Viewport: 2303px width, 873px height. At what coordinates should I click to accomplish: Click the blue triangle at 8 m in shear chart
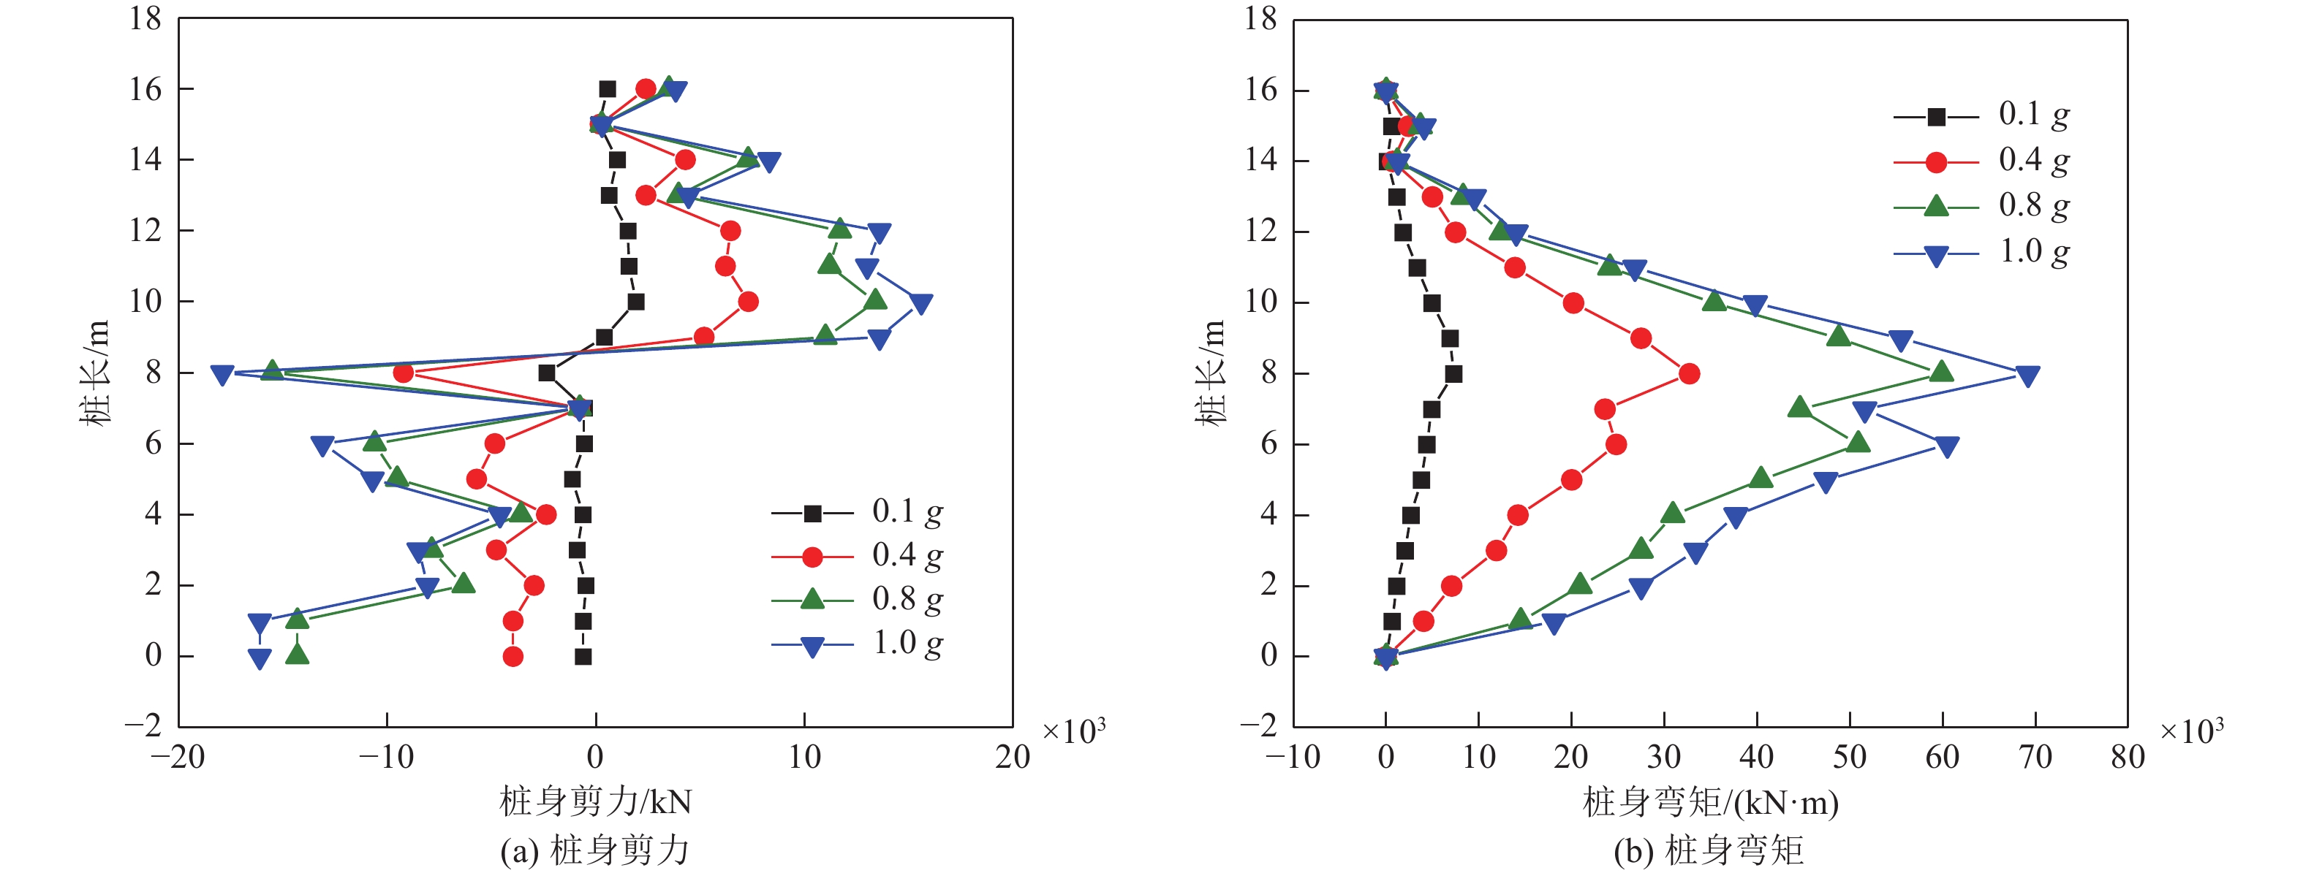coord(222,374)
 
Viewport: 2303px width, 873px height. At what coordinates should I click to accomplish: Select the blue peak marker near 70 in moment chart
coord(2027,375)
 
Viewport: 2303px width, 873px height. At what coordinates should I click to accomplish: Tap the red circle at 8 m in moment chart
coord(1689,373)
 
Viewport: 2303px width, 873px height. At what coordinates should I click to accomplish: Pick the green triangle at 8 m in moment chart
coord(1941,372)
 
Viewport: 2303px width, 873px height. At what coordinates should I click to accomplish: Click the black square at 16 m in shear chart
coord(607,89)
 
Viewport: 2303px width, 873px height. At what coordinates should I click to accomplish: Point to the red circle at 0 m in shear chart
coord(513,657)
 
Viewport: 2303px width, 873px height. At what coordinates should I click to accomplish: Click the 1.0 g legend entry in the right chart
coord(1981,253)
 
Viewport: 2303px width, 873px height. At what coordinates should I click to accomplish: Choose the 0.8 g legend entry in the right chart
coord(1981,207)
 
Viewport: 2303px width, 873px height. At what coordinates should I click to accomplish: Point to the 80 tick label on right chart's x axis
coord(2128,758)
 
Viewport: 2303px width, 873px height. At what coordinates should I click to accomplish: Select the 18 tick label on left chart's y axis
coord(145,18)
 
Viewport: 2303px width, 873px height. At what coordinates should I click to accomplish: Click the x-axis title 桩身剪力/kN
coord(595,801)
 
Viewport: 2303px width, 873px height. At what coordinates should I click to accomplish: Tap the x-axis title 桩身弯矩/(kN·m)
coord(1710,801)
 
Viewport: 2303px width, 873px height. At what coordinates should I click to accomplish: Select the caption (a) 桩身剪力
coord(595,850)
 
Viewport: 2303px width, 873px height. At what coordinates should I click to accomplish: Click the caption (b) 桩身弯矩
coord(1709,850)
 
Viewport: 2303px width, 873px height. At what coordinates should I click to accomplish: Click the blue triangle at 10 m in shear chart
coord(920,304)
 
